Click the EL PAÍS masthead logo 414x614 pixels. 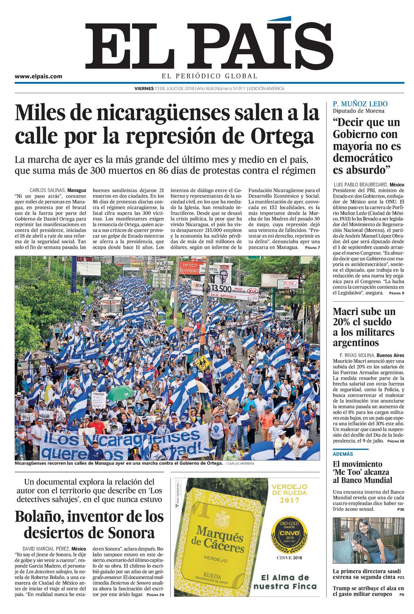[x=209, y=47]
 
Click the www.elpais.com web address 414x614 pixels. [x=38, y=77]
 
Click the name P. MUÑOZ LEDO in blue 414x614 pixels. [x=360, y=104]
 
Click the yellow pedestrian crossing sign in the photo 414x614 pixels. [x=202, y=363]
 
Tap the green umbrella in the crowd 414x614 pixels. [x=121, y=392]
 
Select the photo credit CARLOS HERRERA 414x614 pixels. [x=239, y=463]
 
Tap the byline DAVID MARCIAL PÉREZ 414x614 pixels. [x=47, y=549]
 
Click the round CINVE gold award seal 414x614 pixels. [x=286, y=534]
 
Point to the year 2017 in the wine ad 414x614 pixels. [x=286, y=500]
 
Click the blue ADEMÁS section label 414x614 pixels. [x=343, y=454]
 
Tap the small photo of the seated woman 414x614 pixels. [x=368, y=541]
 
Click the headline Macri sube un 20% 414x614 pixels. [x=364, y=311]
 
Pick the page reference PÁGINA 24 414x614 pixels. [x=155, y=595]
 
